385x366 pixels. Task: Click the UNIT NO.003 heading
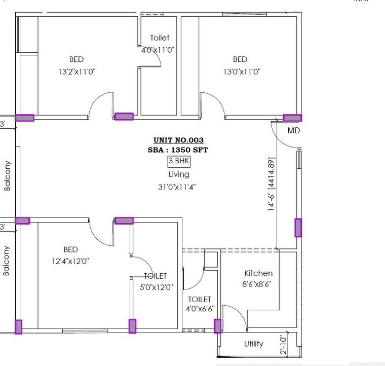click(x=178, y=140)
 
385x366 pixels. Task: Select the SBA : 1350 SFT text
click(x=178, y=150)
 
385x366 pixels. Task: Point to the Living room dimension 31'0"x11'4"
click(x=177, y=187)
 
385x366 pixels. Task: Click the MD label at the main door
click(x=294, y=131)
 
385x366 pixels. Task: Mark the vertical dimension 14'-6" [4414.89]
click(x=272, y=185)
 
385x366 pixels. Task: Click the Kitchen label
click(x=258, y=273)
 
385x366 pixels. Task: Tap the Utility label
click(x=254, y=344)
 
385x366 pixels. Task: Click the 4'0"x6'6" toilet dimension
click(x=200, y=309)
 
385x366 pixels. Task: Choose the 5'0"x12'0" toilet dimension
click(x=157, y=287)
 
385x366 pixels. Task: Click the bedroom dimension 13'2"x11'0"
click(x=77, y=72)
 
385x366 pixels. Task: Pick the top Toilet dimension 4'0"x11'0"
click(x=159, y=49)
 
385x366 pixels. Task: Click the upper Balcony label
click(x=8, y=175)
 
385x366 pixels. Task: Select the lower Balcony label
click(x=7, y=261)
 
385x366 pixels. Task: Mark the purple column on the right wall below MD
click(x=298, y=228)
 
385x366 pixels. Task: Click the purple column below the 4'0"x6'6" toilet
click(x=218, y=326)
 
